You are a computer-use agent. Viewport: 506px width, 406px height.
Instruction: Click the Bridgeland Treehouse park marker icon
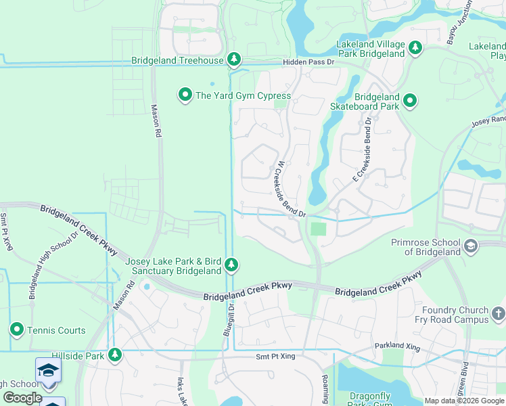pos(234,60)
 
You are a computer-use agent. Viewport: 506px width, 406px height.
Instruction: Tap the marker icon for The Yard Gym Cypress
pos(185,95)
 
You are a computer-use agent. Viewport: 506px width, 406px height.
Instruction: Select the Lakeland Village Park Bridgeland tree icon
pos(415,49)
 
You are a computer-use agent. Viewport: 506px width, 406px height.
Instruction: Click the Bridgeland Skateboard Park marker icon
pos(409,101)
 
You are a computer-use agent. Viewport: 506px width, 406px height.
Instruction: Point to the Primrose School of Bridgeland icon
pos(470,247)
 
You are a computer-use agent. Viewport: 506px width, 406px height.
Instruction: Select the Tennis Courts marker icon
pos(17,330)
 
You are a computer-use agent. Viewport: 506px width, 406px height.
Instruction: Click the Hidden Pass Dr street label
pos(309,62)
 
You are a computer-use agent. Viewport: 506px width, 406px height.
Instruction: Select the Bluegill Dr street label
pos(228,319)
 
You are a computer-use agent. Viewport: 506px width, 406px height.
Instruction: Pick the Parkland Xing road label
pos(398,348)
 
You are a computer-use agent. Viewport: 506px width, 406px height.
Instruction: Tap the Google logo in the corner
pos(22,398)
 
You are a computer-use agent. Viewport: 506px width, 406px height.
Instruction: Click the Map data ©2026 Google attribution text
pos(464,401)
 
